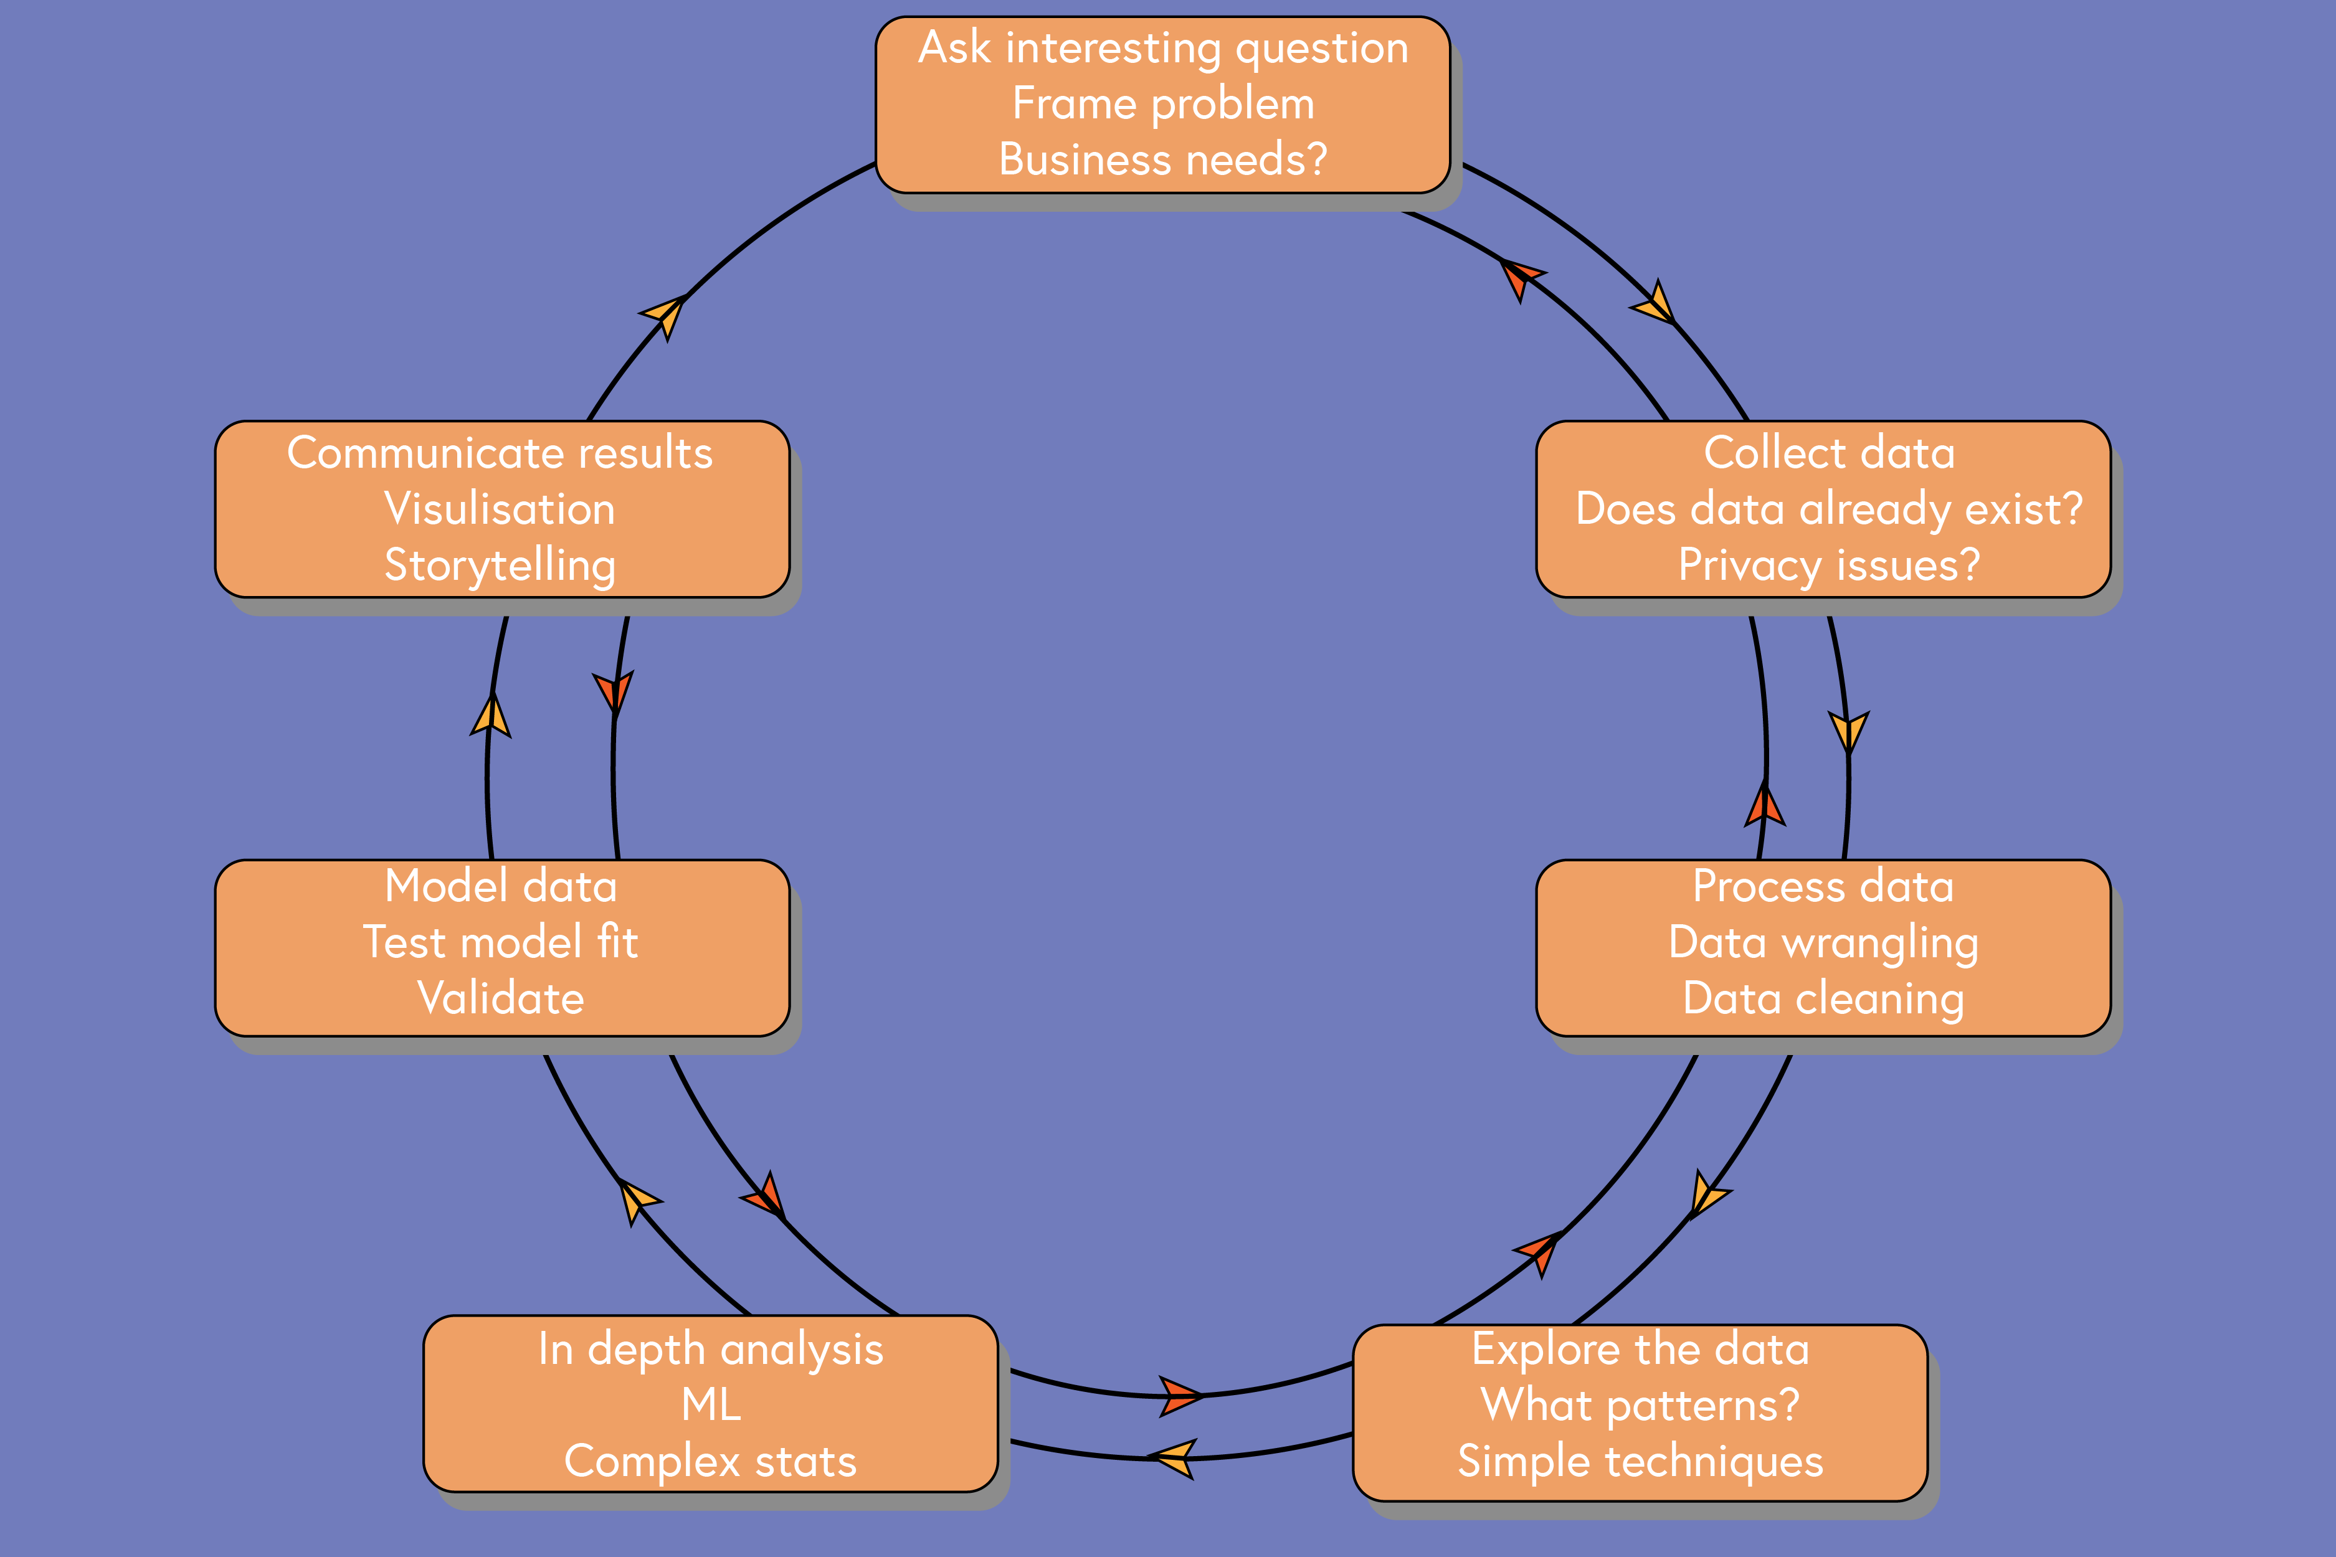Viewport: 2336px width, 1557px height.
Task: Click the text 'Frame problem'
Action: point(1163,103)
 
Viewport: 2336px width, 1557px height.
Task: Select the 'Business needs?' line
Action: point(1163,159)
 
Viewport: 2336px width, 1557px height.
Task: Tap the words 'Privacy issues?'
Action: point(1828,565)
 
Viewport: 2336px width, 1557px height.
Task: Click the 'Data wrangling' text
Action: point(1823,942)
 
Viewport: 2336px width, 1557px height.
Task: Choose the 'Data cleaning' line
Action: point(1823,998)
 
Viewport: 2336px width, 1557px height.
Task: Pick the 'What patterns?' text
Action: point(1640,1404)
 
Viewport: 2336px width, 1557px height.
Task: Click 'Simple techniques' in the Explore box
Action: point(1640,1460)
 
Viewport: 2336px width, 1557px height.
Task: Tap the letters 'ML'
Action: point(711,1404)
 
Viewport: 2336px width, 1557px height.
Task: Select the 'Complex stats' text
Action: point(711,1460)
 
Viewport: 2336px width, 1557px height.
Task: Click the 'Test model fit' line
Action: point(501,942)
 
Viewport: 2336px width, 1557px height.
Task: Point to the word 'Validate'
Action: point(501,998)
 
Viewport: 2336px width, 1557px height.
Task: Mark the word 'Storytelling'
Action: point(501,565)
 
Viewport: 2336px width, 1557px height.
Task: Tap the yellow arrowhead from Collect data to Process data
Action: point(1848,732)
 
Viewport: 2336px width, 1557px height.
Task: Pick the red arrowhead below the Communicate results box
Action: point(614,692)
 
